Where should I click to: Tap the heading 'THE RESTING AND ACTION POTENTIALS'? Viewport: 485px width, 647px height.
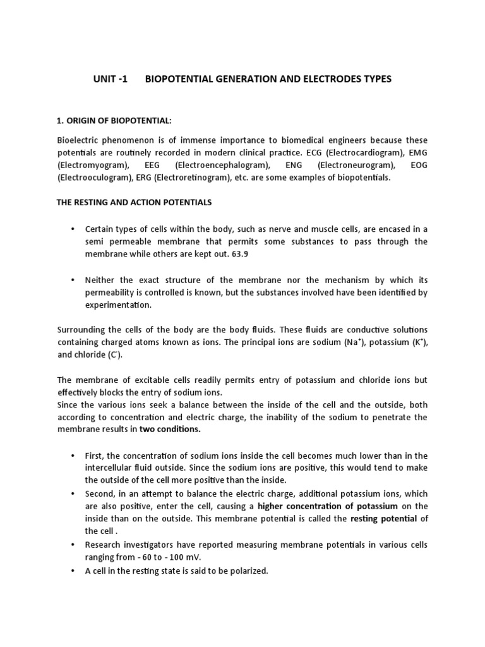pos(135,202)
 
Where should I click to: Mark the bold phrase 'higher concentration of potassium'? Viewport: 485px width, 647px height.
pos(328,506)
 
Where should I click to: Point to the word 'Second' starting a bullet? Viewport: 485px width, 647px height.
pos(100,494)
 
